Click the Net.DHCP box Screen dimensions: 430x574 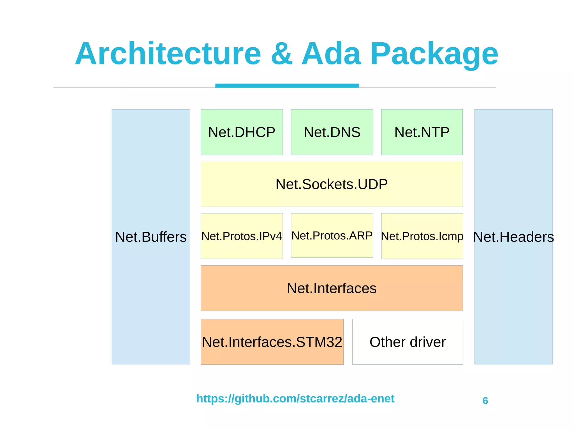(242, 132)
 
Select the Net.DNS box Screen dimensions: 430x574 (332, 132)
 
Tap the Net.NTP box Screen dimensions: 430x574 (422, 132)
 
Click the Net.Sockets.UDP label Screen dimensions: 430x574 (332, 184)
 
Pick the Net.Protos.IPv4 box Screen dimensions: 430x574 (242, 236)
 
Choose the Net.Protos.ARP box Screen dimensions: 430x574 (332, 236)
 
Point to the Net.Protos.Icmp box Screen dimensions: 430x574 (422, 236)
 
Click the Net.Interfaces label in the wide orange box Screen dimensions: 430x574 (332, 288)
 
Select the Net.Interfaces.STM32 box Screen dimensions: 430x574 (272, 342)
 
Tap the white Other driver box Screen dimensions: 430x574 (408, 342)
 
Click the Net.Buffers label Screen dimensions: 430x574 (151, 237)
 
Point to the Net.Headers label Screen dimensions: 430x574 (513, 237)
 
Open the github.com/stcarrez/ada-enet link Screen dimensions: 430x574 (295, 398)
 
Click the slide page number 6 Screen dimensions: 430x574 (485, 401)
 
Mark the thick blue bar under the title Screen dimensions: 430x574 (287, 85)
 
